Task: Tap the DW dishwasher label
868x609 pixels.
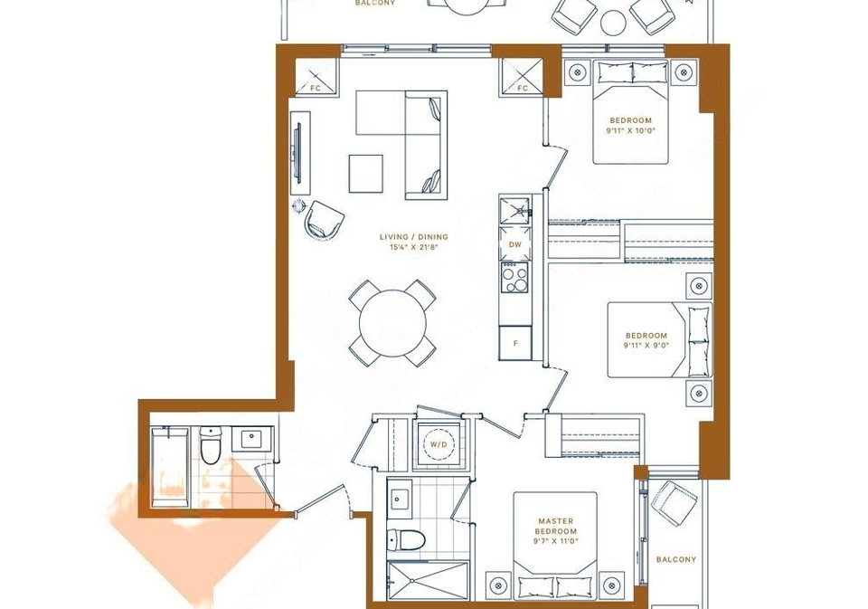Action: (514, 244)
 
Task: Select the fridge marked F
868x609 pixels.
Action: (515, 343)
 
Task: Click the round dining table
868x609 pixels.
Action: (392, 323)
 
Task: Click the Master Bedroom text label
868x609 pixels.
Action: (556, 526)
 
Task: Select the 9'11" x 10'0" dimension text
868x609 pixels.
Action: (630, 131)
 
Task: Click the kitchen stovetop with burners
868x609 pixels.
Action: (514, 277)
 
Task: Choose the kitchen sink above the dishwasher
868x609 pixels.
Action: (514, 210)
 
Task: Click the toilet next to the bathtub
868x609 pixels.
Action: (211, 445)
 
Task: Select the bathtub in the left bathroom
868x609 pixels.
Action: (169, 467)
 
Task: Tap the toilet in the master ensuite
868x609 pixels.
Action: (405, 539)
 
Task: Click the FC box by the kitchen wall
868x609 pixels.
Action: (523, 77)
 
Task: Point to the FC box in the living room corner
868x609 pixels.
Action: (316, 77)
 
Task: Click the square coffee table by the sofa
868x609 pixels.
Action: (366, 174)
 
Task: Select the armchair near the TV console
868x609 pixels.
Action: (324, 220)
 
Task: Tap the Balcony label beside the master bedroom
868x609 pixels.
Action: (676, 559)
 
